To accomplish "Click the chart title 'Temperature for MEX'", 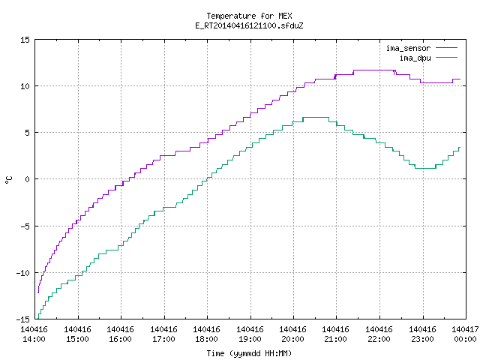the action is tap(249, 16).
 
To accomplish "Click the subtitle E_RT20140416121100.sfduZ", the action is tap(249, 25).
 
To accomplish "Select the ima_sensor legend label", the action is tap(408, 48).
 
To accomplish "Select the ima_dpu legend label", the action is tap(415, 58).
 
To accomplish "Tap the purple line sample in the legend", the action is tap(447, 48).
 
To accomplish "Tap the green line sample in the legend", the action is tap(447, 57).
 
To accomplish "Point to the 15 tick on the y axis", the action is tap(25, 40).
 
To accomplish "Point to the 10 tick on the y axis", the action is tap(25, 86).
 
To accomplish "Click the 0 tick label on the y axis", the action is tap(27, 179).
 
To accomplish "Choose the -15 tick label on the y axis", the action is tap(23, 319).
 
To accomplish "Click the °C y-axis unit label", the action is tap(8, 180).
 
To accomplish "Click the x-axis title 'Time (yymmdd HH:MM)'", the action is tap(249, 353).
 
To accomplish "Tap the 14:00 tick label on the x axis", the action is tap(34, 334).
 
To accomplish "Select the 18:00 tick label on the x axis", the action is tap(207, 334).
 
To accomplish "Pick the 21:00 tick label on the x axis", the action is tap(336, 334).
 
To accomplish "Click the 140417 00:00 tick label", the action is tap(465, 334).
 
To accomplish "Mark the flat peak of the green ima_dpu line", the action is tap(316, 117).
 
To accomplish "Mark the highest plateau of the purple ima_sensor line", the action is tap(373, 70).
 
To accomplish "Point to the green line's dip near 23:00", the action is tap(425, 168).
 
